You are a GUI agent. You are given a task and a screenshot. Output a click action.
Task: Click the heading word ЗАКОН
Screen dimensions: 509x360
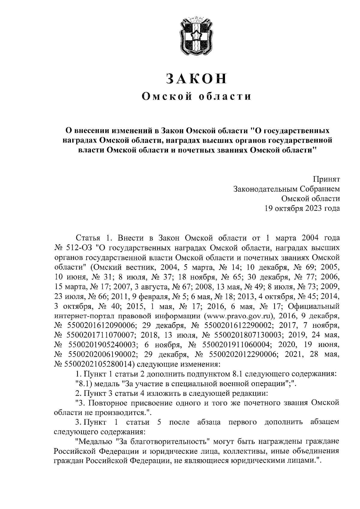click(x=196, y=78)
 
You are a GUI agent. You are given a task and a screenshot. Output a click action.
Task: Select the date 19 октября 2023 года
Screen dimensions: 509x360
click(x=302, y=208)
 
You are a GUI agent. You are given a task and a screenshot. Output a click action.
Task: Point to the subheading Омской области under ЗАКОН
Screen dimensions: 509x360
click(x=196, y=96)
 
